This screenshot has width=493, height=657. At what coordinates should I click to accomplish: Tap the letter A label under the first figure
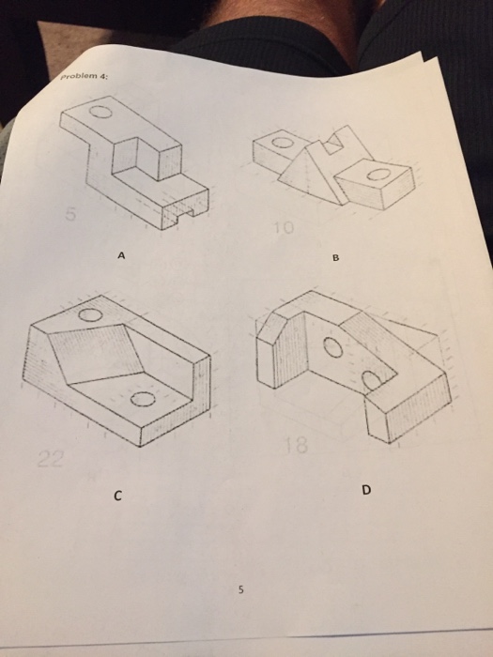point(120,254)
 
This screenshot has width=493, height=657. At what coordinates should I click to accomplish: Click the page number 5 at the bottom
point(240,591)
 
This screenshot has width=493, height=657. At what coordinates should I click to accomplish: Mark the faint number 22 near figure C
point(49,457)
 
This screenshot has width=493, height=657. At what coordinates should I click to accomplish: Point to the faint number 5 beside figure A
point(67,217)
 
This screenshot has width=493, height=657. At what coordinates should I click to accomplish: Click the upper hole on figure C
point(91,316)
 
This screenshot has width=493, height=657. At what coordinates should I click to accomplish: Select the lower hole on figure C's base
point(141,400)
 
